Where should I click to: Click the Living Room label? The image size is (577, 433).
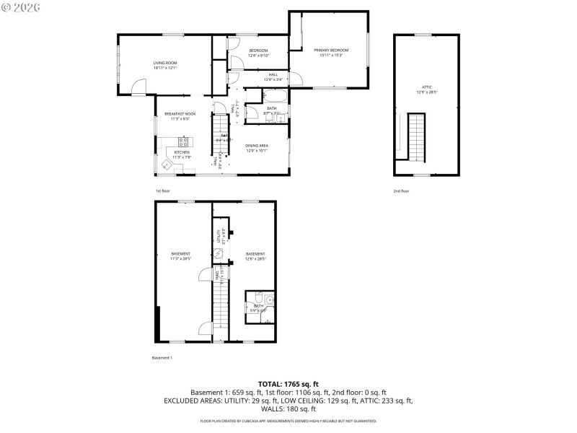[x=164, y=63]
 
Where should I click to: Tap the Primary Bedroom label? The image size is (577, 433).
[x=327, y=50]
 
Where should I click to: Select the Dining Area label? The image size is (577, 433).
[x=257, y=146]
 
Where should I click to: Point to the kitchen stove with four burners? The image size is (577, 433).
[x=183, y=141]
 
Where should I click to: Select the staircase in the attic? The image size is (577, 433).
[x=418, y=136]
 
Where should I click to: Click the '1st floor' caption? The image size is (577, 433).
[x=162, y=191]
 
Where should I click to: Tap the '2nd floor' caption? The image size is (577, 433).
[x=401, y=191]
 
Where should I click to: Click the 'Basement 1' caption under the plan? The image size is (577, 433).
[x=162, y=358]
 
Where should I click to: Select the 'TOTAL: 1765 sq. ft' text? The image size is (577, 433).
[x=288, y=384]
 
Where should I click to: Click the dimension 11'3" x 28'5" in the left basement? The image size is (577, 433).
[x=180, y=258]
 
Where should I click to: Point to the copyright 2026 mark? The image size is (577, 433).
[x=21, y=6]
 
